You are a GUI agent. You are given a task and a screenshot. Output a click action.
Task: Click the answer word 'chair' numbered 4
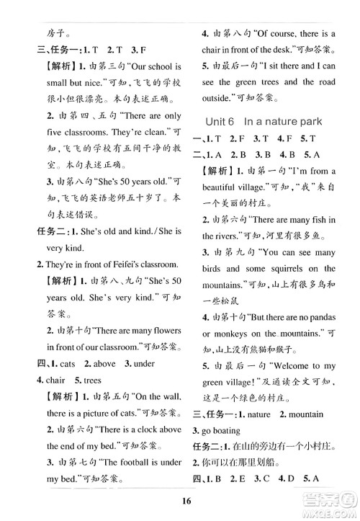(x=50, y=380)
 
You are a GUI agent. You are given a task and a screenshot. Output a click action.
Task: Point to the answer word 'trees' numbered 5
(x=91, y=380)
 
